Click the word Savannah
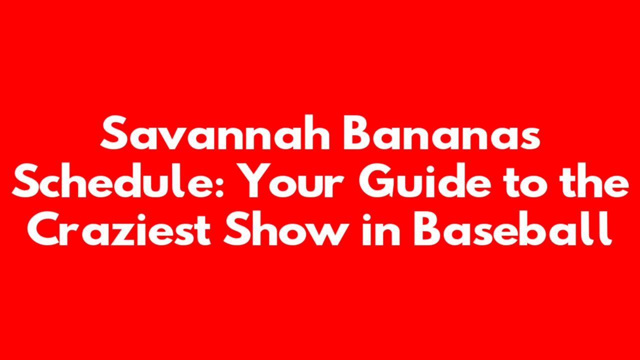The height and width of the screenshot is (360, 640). (x=215, y=132)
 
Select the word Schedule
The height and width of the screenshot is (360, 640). (x=114, y=180)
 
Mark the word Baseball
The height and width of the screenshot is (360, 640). (x=513, y=228)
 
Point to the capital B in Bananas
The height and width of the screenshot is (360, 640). (x=357, y=133)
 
